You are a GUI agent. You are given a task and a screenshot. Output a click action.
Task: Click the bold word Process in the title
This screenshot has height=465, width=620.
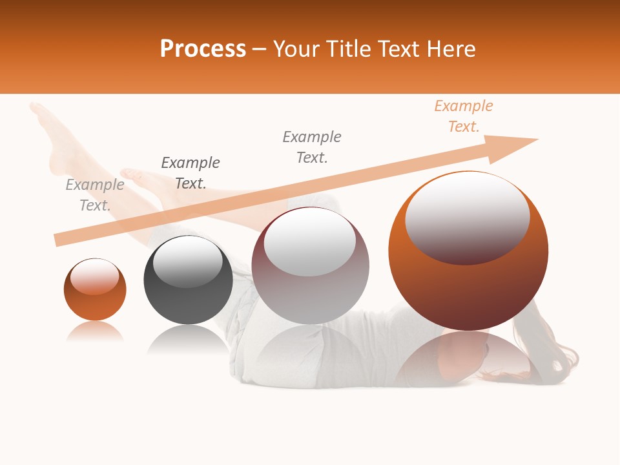coord(203,49)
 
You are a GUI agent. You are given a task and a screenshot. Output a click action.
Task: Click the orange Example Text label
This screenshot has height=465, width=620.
coord(463,116)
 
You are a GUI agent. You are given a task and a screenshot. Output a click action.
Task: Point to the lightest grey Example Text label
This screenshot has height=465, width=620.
coord(94,195)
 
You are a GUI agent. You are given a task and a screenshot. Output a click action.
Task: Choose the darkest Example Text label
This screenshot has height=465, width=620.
coord(191,173)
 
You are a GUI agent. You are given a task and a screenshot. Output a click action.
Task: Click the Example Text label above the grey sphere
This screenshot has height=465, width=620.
coord(312,147)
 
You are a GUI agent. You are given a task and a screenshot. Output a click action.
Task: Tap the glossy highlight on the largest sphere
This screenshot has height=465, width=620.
coord(468,216)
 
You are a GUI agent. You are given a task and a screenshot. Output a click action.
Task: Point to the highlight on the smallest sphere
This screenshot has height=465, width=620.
coord(95,276)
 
